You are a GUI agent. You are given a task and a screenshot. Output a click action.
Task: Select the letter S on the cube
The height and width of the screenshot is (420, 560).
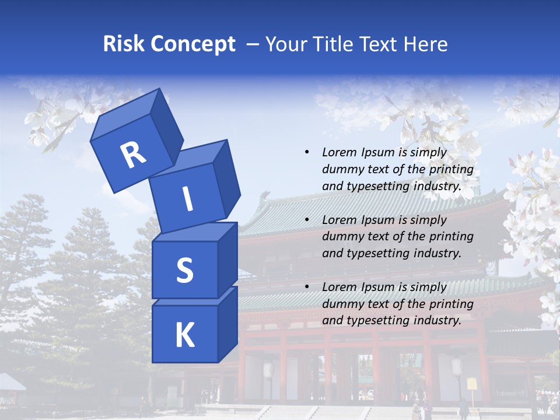tap(184, 271)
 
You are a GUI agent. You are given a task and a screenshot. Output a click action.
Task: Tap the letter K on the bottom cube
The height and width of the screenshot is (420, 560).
tap(184, 335)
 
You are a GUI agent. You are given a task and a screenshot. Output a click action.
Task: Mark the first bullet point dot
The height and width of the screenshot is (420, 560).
tap(307, 152)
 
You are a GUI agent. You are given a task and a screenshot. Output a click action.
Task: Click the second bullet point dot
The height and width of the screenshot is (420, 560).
tap(307, 220)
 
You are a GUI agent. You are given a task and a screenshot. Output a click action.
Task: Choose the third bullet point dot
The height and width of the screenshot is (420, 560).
tap(307, 287)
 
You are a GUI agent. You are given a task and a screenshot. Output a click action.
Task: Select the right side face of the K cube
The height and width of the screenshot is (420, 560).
tap(228, 324)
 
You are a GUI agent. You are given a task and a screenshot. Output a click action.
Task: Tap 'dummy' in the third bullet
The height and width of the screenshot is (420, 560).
tap(341, 304)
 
